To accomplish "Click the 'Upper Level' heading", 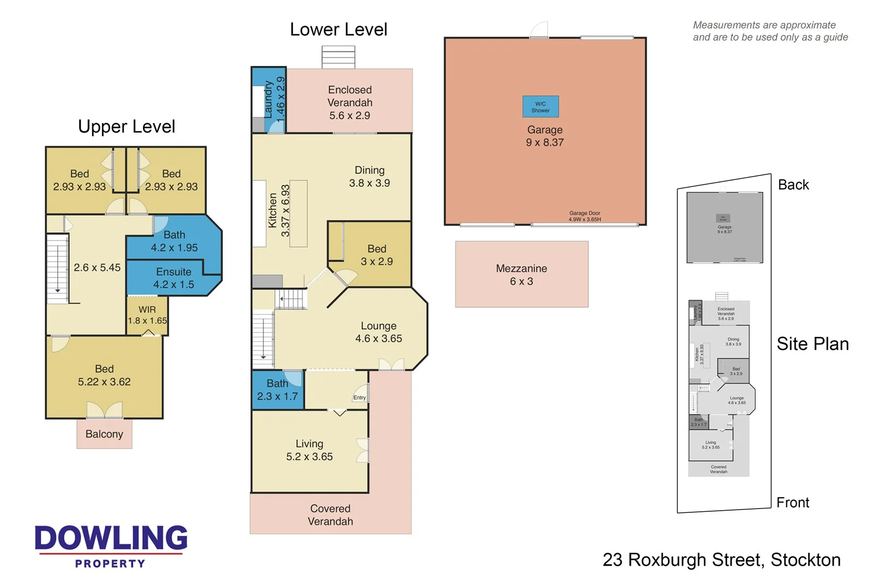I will (x=127, y=126).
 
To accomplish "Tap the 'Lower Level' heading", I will (x=338, y=29).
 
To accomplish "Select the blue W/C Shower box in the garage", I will (x=540, y=107).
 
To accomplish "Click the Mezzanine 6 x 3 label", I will (x=522, y=275).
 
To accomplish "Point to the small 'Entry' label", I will (x=360, y=398).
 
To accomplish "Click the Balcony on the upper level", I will (x=104, y=434).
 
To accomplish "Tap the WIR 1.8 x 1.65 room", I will (x=147, y=315).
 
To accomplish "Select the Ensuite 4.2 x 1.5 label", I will (x=174, y=278).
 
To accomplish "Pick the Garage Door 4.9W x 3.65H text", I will (x=584, y=216).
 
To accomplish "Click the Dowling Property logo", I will (x=111, y=546).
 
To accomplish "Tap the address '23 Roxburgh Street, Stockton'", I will (x=721, y=560).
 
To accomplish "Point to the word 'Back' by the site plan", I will (x=793, y=185).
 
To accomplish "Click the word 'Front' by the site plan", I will (x=792, y=503).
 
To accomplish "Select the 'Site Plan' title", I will (x=812, y=344).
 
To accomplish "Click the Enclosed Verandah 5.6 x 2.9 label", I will (x=350, y=102).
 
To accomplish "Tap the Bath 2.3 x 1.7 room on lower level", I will (x=277, y=390).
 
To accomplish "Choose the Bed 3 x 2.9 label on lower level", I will (x=376, y=255).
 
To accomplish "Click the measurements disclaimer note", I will (x=770, y=31).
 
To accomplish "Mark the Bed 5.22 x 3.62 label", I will (x=104, y=376).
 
